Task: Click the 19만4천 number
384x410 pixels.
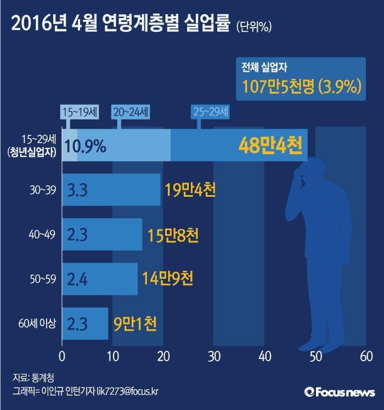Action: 190,190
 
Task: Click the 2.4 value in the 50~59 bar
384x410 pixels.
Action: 77,279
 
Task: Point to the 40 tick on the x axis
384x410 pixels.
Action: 264,356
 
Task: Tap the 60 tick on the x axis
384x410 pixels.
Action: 366,356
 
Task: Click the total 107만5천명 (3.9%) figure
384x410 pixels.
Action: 301,86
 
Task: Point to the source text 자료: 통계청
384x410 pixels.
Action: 33,378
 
